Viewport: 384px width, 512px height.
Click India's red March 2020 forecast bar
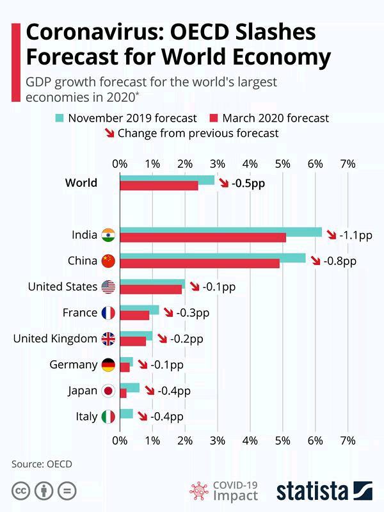tap(202, 238)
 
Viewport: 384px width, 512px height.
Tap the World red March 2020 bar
tap(159, 186)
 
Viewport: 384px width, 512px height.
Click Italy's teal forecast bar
tap(126, 413)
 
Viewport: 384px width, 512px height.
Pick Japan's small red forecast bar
tap(123, 394)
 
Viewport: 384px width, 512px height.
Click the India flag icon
tap(108, 235)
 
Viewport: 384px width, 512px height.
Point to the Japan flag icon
tap(108, 391)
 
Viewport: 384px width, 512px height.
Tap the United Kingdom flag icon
tap(108, 339)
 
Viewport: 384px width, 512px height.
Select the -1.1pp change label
tap(356, 235)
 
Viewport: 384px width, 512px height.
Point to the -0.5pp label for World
tap(250, 183)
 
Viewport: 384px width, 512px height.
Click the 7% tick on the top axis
tap(348, 163)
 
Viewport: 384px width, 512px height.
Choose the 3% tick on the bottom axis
tap(217, 440)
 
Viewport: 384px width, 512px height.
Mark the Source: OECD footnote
tap(42, 463)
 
